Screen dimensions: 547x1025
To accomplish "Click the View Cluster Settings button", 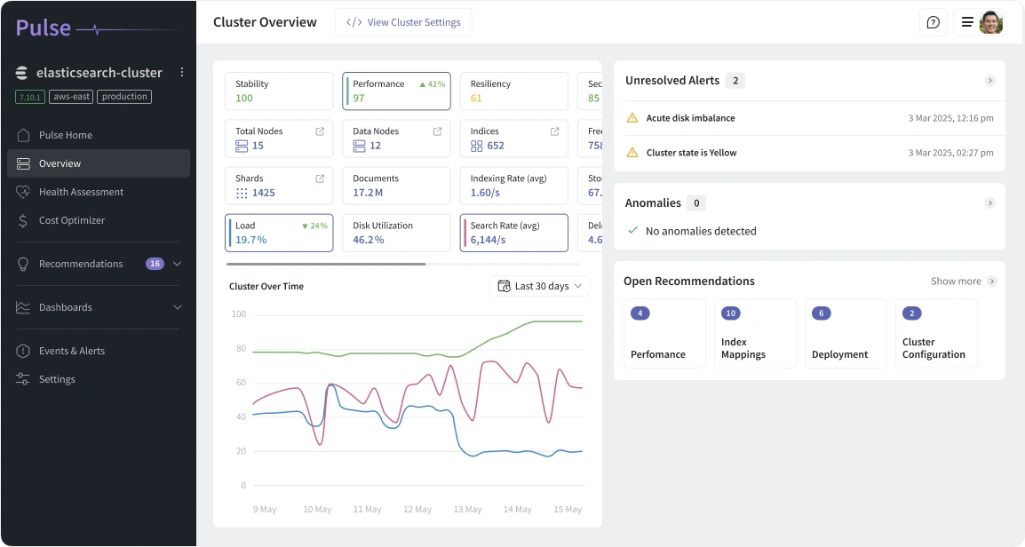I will pos(403,22).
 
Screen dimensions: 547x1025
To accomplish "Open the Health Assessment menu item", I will pos(81,192).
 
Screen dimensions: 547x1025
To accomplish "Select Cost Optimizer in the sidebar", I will pos(71,220).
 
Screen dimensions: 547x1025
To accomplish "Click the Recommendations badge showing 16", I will pos(155,264).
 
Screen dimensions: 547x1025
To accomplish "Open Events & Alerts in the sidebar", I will pos(71,351).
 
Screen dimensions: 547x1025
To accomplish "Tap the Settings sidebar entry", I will pos(57,379).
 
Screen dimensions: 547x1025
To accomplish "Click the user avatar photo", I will pos(990,23).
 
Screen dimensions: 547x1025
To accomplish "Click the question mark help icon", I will pos(933,23).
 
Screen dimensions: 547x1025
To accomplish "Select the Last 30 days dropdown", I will pos(540,286).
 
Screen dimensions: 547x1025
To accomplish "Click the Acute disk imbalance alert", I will pos(690,118).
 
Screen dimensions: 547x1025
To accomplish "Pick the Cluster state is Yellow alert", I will pos(691,153).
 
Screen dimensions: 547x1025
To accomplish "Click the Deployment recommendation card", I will pos(846,333).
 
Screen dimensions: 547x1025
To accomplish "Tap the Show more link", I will pos(956,281).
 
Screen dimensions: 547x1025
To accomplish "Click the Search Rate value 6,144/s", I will pos(488,240).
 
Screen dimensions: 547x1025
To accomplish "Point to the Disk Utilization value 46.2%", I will pos(369,240).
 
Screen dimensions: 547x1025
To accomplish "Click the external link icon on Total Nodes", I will pos(320,131).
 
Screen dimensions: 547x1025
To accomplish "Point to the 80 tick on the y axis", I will pos(238,349).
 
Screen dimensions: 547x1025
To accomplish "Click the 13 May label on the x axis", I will pos(467,510).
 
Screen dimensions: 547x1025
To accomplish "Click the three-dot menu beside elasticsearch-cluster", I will pos(182,72).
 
